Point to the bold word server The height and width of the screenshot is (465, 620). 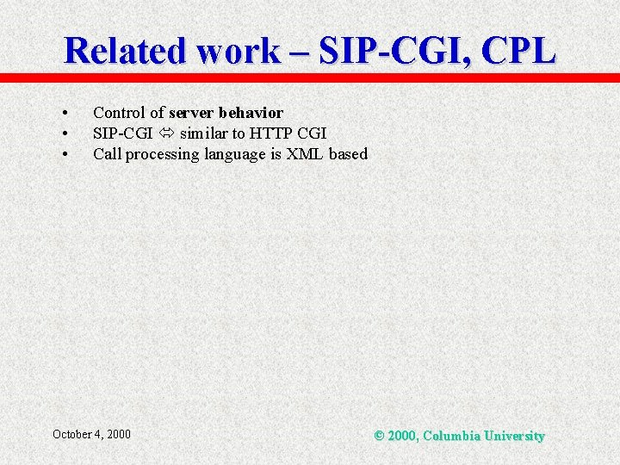point(192,113)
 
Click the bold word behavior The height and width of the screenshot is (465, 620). point(251,113)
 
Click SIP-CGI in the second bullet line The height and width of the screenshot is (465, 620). point(123,133)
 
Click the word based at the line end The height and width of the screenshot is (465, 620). point(348,154)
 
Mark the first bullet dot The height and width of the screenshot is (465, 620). point(65,114)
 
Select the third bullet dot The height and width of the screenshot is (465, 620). point(65,155)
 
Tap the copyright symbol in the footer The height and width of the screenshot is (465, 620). point(379,436)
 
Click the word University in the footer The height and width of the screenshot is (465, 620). point(514,436)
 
